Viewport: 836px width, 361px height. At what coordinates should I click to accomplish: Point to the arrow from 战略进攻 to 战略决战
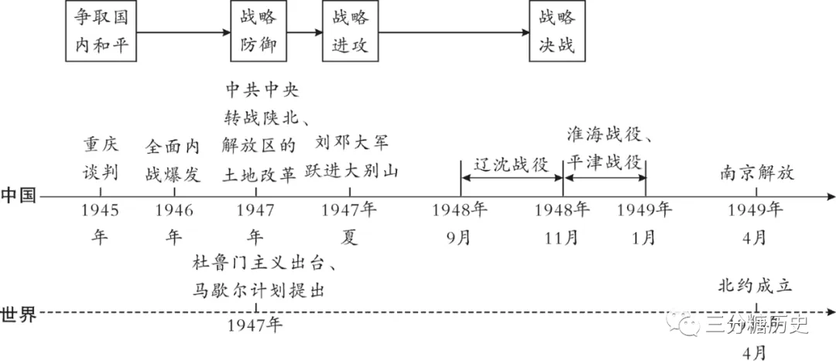454,33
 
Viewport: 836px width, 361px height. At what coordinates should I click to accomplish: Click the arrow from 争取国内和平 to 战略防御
183,33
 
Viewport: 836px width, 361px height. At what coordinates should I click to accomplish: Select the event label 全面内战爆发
173,162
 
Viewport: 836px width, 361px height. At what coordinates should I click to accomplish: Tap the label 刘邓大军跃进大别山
351,158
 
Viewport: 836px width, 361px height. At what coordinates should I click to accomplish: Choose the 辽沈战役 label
512,165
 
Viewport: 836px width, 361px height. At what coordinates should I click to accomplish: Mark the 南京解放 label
757,174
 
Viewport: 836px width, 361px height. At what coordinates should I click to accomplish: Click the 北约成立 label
755,287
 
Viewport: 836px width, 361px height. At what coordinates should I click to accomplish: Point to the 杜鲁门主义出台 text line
265,264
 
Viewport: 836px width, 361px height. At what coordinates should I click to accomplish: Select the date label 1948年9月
460,223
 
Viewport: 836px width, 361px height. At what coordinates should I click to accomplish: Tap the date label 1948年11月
563,223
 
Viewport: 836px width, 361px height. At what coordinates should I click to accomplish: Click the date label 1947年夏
350,223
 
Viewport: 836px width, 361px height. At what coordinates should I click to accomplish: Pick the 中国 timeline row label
19,196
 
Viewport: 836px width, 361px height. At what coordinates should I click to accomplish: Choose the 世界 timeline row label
19,315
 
